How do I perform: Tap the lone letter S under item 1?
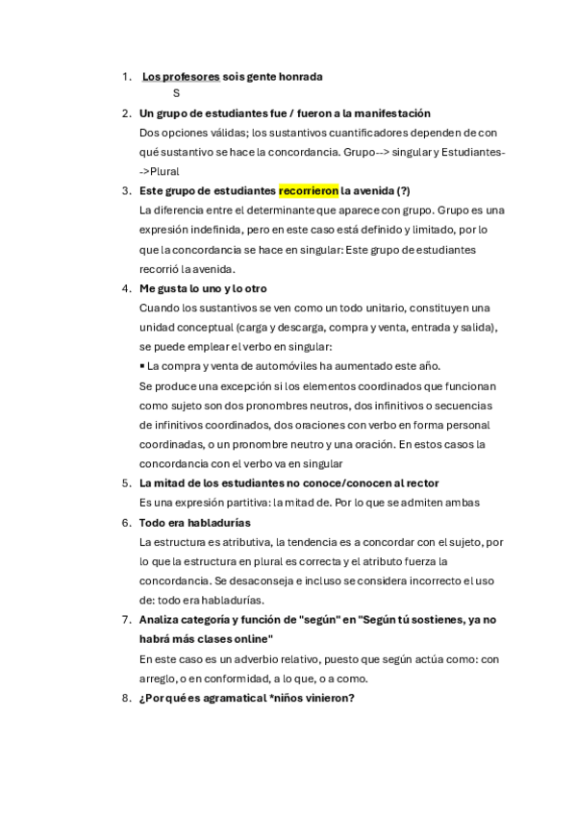click(x=176, y=93)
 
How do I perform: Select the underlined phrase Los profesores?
click(x=181, y=76)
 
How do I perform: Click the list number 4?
click(x=126, y=288)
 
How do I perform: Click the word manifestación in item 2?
click(x=386, y=113)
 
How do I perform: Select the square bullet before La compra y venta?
click(x=142, y=365)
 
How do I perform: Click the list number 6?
click(x=126, y=522)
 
